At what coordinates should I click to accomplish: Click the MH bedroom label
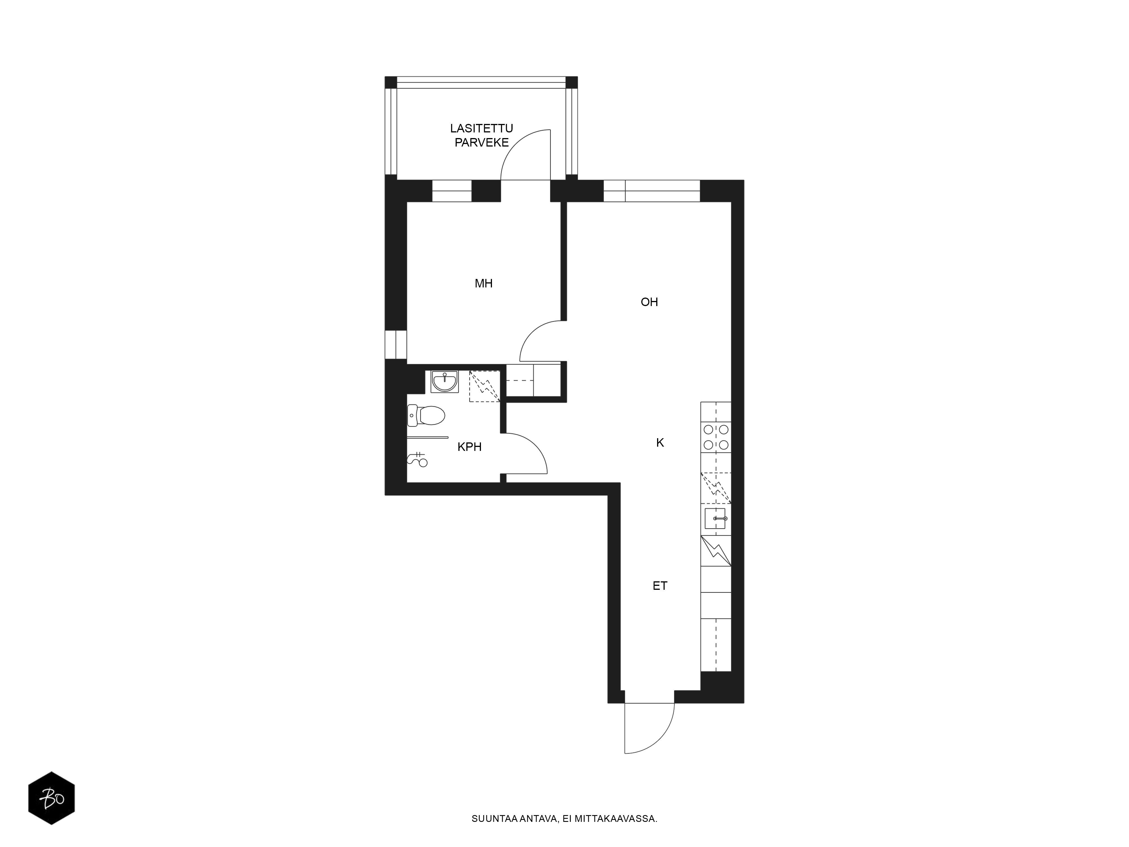[x=483, y=283]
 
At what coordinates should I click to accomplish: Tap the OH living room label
[x=649, y=302]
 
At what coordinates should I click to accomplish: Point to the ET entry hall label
[x=660, y=586]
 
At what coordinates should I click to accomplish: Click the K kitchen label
[x=660, y=443]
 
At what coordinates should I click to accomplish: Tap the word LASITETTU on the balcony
[x=481, y=128]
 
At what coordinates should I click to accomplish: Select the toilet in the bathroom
[x=426, y=416]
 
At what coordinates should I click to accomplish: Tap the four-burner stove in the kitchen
[x=716, y=437]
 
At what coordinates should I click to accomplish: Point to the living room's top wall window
[x=652, y=191]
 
